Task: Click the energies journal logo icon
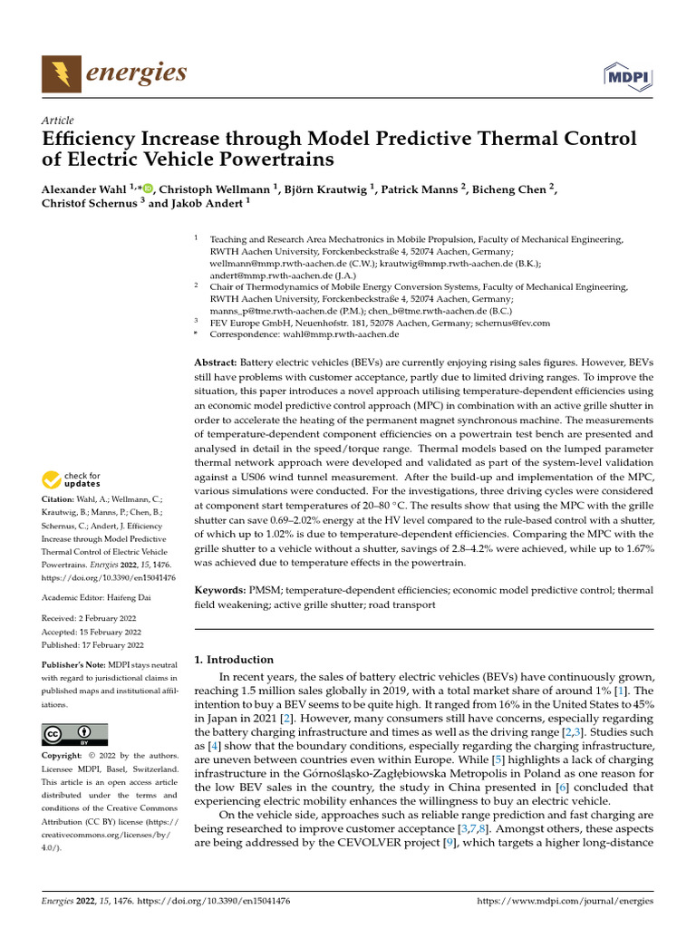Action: [60, 72]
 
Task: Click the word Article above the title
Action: [58, 121]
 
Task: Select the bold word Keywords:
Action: [221, 590]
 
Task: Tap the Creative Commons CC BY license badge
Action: [74, 734]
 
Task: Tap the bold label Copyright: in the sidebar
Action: [67, 755]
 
